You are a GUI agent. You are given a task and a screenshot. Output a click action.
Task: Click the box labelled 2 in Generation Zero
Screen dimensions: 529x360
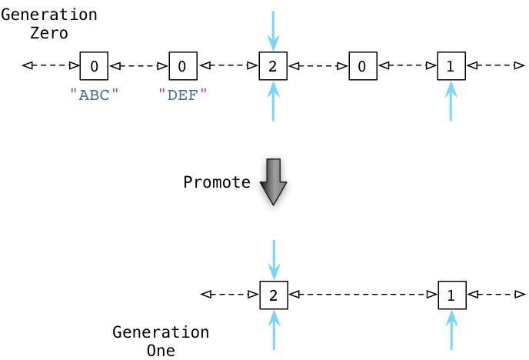(273, 66)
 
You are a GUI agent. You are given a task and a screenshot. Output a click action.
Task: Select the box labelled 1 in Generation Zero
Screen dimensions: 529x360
(451, 66)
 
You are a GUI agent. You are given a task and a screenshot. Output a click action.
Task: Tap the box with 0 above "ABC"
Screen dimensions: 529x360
(94, 66)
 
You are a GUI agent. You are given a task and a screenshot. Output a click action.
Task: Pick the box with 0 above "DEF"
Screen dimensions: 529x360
(183, 66)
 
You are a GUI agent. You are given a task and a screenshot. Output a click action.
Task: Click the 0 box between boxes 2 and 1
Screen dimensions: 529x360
(363, 66)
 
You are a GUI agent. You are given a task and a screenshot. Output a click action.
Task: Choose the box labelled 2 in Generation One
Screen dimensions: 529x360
(274, 295)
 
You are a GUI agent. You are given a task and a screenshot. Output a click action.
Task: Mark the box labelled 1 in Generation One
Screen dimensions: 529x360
(452, 295)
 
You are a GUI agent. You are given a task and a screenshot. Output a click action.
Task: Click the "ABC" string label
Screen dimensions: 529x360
(94, 95)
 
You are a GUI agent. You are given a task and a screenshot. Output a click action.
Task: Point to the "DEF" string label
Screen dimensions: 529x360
(182, 95)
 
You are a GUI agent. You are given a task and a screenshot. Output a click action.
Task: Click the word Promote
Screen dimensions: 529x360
(217, 182)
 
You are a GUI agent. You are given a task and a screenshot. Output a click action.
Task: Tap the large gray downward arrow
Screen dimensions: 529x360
(273, 182)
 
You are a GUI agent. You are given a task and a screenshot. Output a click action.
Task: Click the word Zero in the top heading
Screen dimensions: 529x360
(49, 33)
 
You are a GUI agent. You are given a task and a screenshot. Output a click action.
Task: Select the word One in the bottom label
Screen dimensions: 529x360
(161, 350)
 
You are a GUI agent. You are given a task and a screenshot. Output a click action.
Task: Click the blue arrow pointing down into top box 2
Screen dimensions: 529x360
(273, 31)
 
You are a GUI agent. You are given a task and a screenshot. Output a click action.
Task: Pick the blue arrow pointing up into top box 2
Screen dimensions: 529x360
(273, 101)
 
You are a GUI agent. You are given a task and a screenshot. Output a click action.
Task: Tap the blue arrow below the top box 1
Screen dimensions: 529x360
(451, 101)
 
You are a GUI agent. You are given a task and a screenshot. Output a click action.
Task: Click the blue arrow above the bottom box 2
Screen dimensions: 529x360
(274, 260)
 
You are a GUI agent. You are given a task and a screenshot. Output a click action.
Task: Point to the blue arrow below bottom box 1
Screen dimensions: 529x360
(452, 330)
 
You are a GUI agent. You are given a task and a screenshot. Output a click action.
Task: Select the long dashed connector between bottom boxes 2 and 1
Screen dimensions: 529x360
(363, 295)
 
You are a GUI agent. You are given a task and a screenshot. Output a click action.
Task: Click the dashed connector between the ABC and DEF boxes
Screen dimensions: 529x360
(138, 66)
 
